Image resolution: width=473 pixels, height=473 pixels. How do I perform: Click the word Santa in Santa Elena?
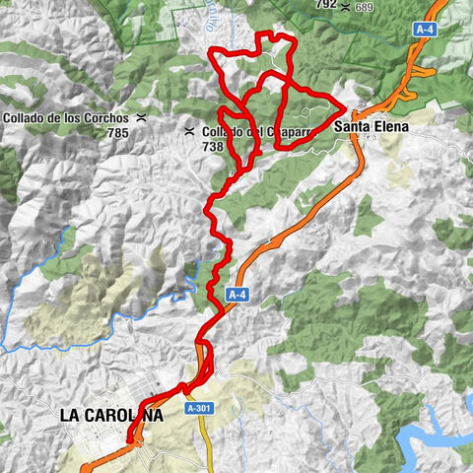pyautogui.click(x=351, y=127)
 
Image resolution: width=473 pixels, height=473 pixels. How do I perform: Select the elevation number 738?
pyautogui.click(x=213, y=145)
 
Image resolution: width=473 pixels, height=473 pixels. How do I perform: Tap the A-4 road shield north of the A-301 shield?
pyautogui.click(x=236, y=294)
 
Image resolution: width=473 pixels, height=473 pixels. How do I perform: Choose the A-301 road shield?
pyautogui.click(x=196, y=407)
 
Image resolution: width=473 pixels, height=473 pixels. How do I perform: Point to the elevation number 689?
pyautogui.click(x=365, y=7)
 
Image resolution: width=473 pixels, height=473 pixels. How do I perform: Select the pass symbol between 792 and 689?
pyautogui.click(x=344, y=6)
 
